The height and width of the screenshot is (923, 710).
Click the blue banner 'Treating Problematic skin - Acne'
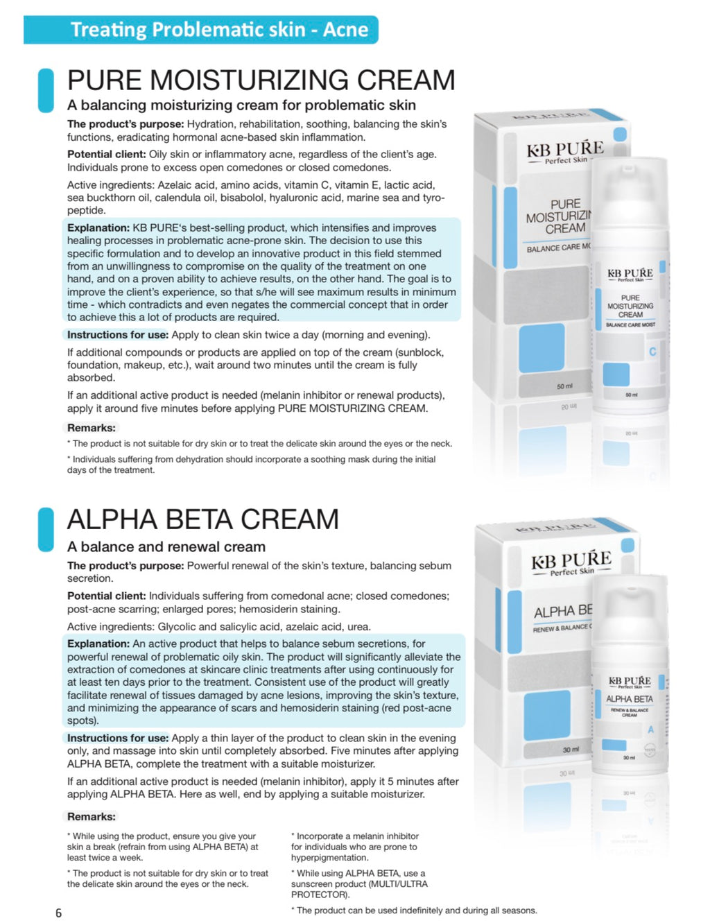(x=201, y=30)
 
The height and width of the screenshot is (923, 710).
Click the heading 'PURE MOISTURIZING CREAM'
(x=261, y=80)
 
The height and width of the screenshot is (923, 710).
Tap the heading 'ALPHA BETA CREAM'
(x=203, y=519)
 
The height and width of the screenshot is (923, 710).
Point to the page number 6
(x=58, y=913)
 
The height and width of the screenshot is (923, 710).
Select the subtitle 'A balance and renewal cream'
(x=166, y=546)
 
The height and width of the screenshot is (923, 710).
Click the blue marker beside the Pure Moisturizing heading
(x=46, y=90)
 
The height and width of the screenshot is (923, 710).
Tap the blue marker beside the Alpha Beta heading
(x=46, y=530)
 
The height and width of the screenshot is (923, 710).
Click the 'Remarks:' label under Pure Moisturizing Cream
(x=92, y=428)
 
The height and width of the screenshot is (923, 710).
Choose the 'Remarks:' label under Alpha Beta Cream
(x=92, y=816)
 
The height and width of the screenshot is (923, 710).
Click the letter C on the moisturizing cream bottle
(x=652, y=352)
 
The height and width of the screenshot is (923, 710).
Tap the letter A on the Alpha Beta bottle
(x=650, y=730)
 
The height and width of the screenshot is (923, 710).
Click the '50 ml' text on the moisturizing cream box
(x=564, y=386)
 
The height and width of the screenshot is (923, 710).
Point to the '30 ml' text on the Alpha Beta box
(x=571, y=750)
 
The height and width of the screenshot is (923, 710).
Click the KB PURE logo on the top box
(x=565, y=150)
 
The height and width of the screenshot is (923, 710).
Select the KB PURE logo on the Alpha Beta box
(x=571, y=562)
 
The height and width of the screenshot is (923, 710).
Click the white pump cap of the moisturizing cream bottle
(x=630, y=187)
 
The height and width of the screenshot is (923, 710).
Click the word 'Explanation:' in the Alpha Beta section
(x=98, y=644)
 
